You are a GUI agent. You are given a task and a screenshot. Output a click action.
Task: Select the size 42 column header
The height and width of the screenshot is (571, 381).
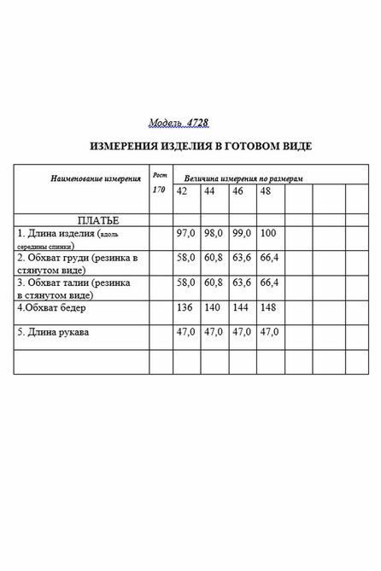click(182, 191)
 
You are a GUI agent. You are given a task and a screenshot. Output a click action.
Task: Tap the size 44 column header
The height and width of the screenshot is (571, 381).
click(210, 191)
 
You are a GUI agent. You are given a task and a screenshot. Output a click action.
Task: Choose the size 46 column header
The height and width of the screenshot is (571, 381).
click(238, 191)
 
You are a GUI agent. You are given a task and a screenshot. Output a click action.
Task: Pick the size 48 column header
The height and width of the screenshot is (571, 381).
click(266, 191)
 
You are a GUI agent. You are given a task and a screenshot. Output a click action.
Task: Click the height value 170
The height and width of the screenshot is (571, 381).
click(158, 189)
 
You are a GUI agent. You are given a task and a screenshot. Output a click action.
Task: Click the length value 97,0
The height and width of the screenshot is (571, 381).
click(185, 233)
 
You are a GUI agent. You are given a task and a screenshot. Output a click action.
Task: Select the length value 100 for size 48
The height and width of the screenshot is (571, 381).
click(267, 233)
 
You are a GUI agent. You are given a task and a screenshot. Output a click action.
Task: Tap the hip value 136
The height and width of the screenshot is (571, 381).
click(184, 306)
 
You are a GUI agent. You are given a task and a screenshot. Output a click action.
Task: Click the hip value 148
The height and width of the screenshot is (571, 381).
click(267, 306)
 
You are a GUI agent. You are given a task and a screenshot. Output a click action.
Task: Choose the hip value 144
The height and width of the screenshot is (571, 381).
click(240, 306)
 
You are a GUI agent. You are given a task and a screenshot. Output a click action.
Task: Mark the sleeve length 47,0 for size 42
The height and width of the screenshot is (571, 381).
click(185, 331)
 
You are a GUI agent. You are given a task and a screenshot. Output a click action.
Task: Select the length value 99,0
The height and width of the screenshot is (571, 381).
click(242, 233)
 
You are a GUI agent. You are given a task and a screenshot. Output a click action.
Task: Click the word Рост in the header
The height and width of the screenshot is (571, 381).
click(159, 172)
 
